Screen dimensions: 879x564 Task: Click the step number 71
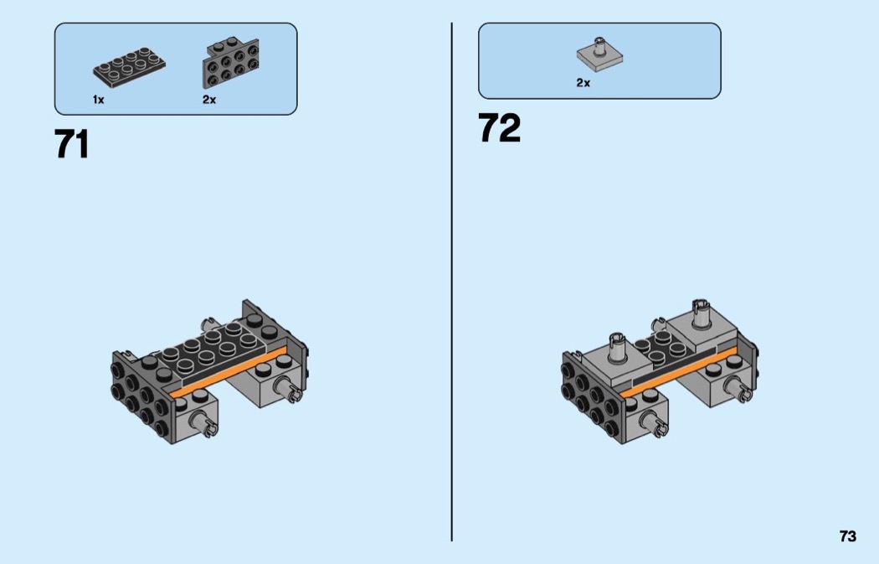72,144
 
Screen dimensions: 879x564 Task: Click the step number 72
499,128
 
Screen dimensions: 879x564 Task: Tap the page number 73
847,536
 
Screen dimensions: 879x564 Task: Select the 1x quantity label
98,100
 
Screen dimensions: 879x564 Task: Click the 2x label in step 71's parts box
209,100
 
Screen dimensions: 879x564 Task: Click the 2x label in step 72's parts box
583,83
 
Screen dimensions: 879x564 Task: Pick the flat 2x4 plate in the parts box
129,67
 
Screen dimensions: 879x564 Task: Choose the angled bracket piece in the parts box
230,62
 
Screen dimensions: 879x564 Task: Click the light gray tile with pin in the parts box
600,52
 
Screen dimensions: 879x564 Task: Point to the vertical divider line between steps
451,282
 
